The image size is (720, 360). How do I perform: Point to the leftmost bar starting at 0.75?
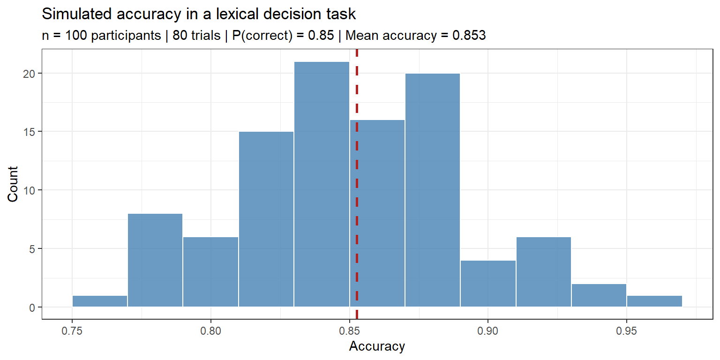(x=100, y=301)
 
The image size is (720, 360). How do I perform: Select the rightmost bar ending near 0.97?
(x=654, y=301)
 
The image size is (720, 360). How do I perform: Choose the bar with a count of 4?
(x=488, y=284)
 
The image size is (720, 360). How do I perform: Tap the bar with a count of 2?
(x=599, y=295)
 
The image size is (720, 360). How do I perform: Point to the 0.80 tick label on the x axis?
(x=211, y=332)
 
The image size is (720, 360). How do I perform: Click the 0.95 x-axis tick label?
(x=627, y=332)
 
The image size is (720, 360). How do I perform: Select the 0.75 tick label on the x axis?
(x=72, y=332)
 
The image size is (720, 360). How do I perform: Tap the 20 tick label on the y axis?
(x=31, y=74)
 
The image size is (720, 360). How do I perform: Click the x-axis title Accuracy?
(x=377, y=347)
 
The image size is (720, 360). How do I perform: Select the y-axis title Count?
(x=13, y=184)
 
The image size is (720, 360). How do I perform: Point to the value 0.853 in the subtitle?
(x=468, y=36)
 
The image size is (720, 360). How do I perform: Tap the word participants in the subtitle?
(x=126, y=36)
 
